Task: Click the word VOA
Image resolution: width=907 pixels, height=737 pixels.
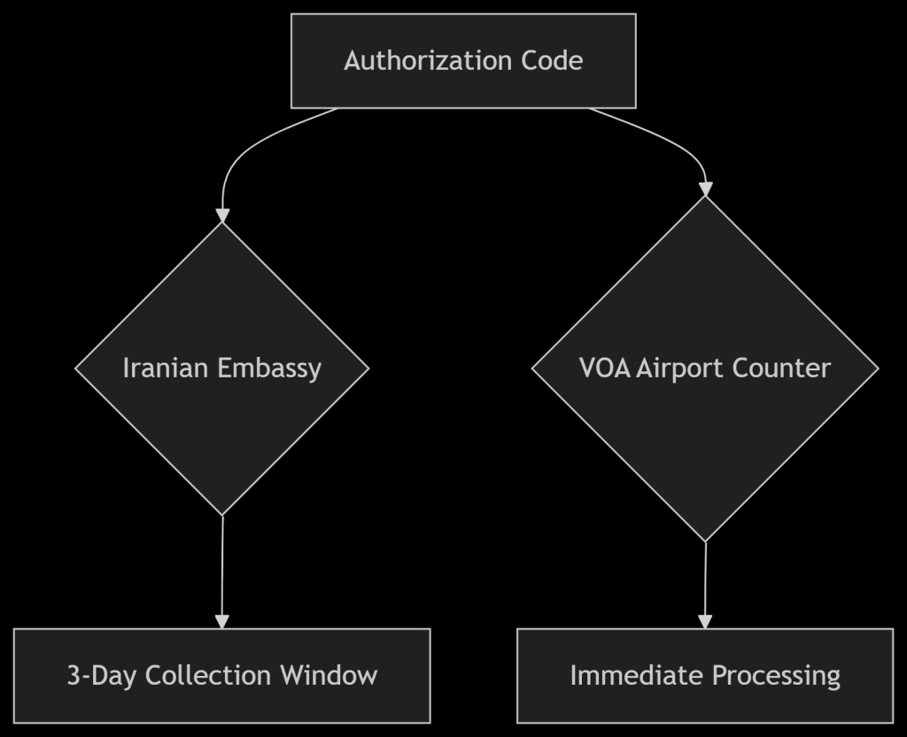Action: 605,368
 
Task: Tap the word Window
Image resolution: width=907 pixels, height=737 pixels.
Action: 329,676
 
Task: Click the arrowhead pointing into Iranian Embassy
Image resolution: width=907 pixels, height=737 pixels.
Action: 221,215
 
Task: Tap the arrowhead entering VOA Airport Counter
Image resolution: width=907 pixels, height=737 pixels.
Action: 705,189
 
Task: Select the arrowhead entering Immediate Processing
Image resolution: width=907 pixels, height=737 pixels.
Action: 705,622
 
